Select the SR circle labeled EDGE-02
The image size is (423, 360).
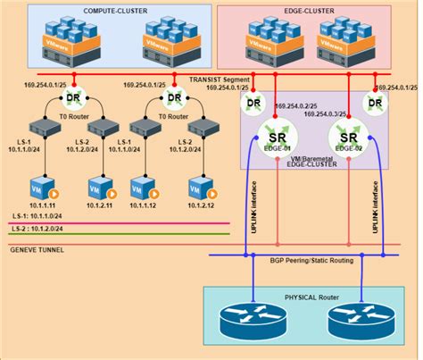pos(345,138)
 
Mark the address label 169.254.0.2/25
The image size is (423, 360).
pos(300,105)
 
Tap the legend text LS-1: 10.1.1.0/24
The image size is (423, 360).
pos(41,216)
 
